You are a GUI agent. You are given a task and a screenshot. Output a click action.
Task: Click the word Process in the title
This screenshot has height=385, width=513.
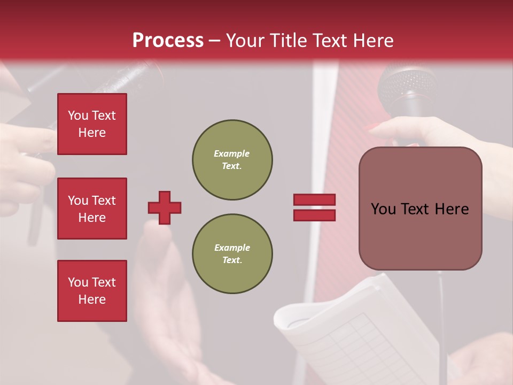click(x=168, y=41)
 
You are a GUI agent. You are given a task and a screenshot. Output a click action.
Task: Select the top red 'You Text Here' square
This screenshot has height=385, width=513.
click(x=92, y=124)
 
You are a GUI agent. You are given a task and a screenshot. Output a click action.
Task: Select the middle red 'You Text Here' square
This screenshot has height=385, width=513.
click(x=92, y=209)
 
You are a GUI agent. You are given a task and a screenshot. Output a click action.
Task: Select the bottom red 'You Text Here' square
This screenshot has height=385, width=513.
click(x=92, y=291)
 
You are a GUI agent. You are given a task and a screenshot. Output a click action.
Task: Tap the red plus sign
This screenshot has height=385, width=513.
click(x=165, y=207)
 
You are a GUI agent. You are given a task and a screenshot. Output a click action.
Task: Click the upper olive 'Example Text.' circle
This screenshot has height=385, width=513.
click(x=232, y=159)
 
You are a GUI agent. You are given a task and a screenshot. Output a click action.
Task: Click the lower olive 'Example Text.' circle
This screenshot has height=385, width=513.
click(x=232, y=253)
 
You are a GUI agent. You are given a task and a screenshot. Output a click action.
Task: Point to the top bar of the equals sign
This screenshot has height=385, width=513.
click(x=314, y=199)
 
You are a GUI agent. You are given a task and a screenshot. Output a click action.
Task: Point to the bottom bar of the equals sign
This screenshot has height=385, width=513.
click(x=314, y=215)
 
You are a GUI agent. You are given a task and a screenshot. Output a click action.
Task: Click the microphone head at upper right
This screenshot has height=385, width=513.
click(x=406, y=86)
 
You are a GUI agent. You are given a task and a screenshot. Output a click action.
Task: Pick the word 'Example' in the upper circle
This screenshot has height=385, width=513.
click(x=231, y=153)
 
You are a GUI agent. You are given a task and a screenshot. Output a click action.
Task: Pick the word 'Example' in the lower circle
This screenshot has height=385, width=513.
click(x=232, y=248)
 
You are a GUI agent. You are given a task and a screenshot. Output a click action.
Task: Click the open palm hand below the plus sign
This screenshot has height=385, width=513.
click(x=166, y=299)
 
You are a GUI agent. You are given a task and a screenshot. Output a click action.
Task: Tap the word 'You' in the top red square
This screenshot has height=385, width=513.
click(x=78, y=115)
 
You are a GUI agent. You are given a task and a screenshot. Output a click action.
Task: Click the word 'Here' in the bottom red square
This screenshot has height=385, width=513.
click(x=92, y=299)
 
